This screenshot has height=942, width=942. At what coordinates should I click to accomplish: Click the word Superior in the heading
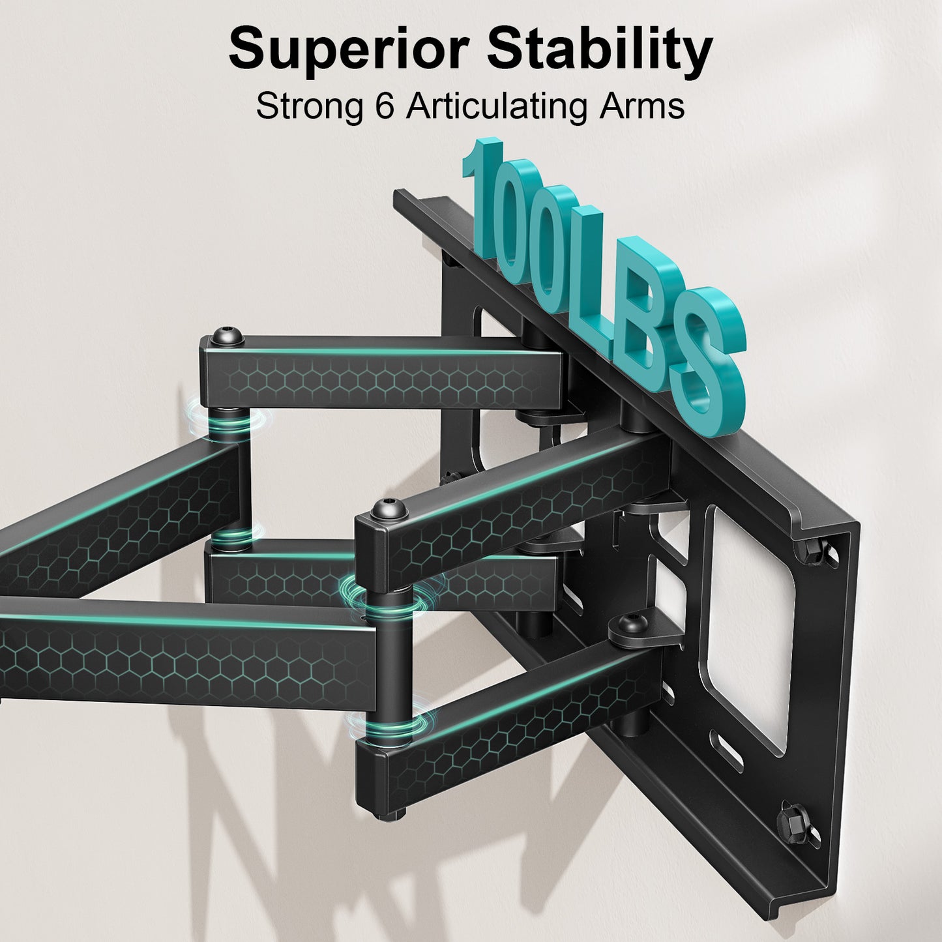[x=349, y=50]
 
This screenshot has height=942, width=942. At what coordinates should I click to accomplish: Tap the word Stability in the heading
[x=600, y=50]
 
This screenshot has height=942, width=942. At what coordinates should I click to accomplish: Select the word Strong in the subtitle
[x=310, y=106]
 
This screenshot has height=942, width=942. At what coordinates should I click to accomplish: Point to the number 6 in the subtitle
[x=385, y=106]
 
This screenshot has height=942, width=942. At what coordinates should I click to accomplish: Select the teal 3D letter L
[x=590, y=274]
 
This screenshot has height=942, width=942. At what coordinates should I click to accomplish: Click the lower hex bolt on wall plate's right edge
[x=790, y=820]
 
